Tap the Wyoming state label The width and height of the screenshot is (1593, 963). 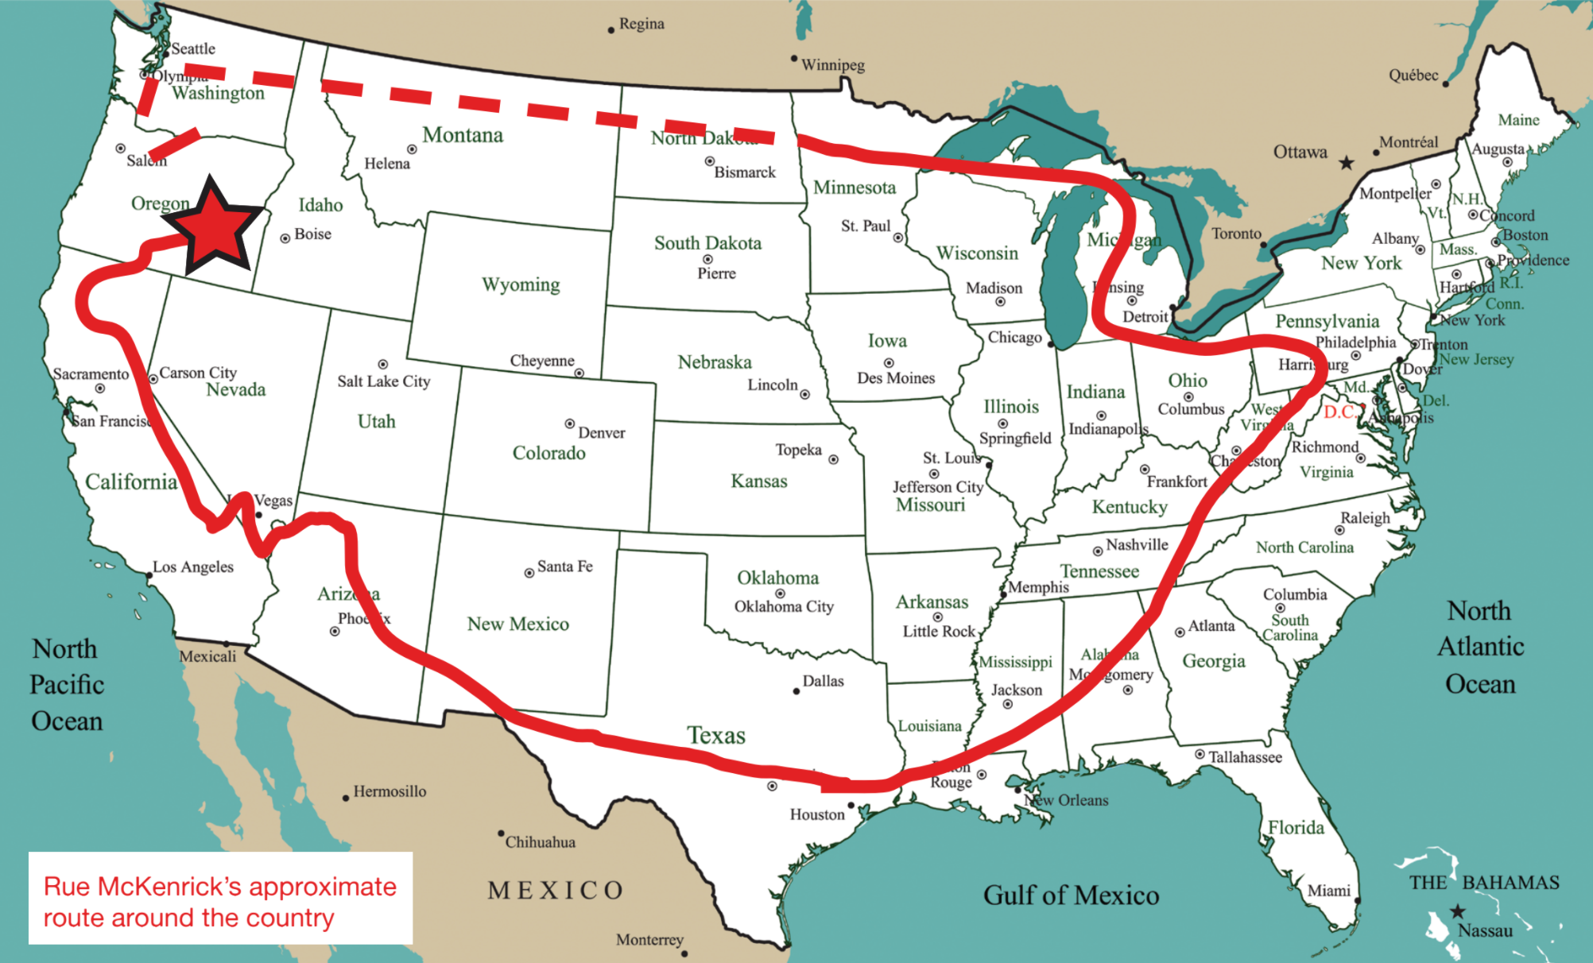click(521, 284)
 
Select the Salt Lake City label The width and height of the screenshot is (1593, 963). click(383, 381)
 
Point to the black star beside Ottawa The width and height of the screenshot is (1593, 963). click(1346, 163)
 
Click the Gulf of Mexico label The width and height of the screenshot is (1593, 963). click(1071, 895)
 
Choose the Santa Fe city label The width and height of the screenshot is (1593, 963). click(564, 567)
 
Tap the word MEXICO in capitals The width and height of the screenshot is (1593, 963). click(556, 890)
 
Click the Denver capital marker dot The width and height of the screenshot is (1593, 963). click(570, 423)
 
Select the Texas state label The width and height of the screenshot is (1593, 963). click(716, 735)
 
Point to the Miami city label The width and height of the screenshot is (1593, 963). click(1328, 891)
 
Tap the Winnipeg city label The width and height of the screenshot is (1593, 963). click(832, 65)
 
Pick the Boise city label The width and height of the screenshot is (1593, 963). click(312, 234)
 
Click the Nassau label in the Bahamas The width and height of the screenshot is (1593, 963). click(1485, 930)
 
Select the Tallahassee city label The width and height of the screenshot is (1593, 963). click(1245, 757)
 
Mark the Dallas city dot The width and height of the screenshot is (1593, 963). click(796, 691)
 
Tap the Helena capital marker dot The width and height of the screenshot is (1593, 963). click(412, 149)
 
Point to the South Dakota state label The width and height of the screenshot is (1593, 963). click(707, 243)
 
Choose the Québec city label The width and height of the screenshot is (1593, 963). click(1413, 75)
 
